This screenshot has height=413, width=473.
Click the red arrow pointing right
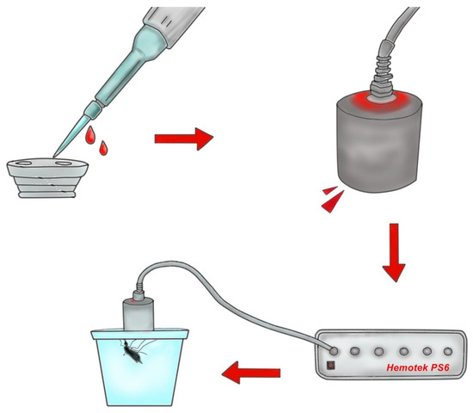point(184,139)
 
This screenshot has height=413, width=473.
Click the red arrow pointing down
point(394,252)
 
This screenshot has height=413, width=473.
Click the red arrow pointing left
point(251,373)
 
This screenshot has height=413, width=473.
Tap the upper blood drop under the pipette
point(90,135)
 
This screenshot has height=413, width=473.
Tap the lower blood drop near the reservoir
point(103,148)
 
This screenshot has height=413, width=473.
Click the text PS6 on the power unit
point(440,367)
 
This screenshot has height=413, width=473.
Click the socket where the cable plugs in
point(333,351)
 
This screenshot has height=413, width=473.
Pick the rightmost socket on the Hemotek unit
point(448,351)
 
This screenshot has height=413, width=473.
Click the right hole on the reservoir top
point(63,163)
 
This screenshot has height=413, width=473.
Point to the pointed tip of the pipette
point(54,157)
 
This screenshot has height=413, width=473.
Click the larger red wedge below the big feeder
point(333,202)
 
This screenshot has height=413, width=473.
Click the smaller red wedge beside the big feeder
point(329,190)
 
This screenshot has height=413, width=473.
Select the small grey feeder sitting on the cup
point(138,314)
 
